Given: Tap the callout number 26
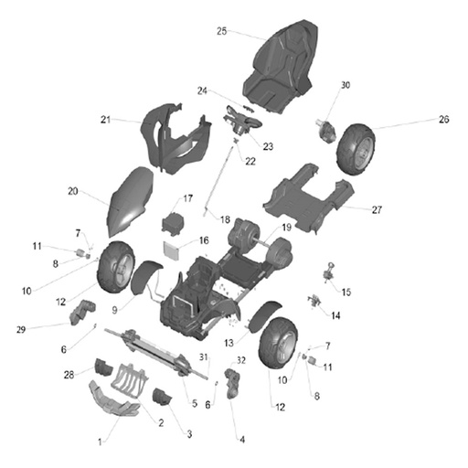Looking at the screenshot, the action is point(444,119).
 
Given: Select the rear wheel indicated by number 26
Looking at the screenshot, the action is point(356,149).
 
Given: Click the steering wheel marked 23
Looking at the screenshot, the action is point(243,121).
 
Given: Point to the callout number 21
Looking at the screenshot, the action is point(105,120).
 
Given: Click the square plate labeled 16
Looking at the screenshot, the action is point(172,250).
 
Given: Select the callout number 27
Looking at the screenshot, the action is point(377,209).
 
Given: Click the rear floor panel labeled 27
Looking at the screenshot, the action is point(308,198).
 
